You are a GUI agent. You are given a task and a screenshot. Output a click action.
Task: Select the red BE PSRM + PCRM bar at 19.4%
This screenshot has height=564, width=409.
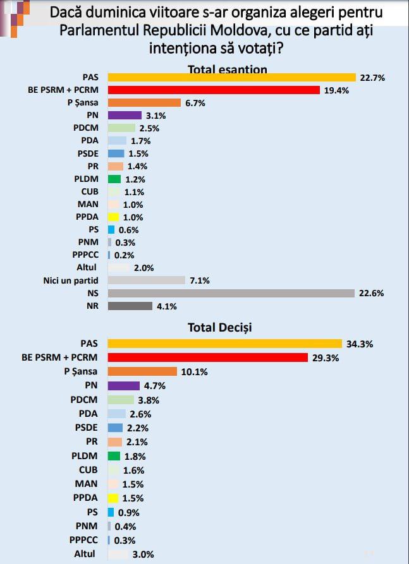click(x=214, y=90)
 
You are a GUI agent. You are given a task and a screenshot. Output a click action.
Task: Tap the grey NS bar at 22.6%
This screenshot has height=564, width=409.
click(x=231, y=293)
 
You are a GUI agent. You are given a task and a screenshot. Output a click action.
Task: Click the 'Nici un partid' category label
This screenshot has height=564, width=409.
click(x=70, y=280)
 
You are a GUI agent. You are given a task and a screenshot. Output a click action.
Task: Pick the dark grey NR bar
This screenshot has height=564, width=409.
click(x=130, y=306)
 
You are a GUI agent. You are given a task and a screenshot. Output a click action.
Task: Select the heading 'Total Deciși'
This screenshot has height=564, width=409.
click(x=219, y=327)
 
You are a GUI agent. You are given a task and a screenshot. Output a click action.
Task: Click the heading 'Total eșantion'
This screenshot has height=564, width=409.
click(x=228, y=69)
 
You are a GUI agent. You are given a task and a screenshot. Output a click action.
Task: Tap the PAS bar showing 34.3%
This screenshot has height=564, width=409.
click(x=225, y=344)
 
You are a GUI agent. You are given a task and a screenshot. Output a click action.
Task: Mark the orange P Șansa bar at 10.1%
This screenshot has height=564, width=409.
click(x=142, y=371)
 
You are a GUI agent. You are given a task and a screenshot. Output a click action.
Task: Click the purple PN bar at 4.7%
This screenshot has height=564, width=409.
click(x=124, y=385)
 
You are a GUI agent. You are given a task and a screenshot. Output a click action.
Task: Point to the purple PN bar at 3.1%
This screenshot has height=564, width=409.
click(x=125, y=116)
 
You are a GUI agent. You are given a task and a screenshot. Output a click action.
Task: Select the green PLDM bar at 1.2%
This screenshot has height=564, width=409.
click(x=114, y=179)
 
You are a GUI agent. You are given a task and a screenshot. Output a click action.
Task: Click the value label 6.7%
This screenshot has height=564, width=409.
click(x=195, y=103)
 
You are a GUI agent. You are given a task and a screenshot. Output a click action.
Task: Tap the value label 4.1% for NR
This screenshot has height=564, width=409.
click(x=166, y=306)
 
